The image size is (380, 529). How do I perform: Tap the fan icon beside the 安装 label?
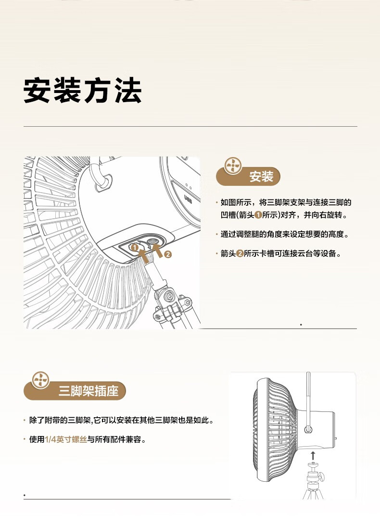pyautogui.click(x=232, y=166)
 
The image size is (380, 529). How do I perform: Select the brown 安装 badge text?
pyautogui.click(x=261, y=177)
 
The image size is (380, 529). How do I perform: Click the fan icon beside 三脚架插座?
pyautogui.click(x=41, y=380)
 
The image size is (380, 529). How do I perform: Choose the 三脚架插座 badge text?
pyautogui.click(x=89, y=391)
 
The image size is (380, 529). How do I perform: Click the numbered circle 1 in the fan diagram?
pyautogui.click(x=135, y=248)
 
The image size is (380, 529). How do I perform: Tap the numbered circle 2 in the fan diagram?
pyautogui.click(x=168, y=254)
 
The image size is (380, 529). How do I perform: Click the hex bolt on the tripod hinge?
pyautogui.click(x=169, y=295)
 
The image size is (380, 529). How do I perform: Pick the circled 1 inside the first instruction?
pyautogui.click(x=258, y=215)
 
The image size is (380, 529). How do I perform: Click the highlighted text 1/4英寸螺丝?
pyautogui.click(x=65, y=439)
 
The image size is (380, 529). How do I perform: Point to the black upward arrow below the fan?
pyautogui.click(x=313, y=455)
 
